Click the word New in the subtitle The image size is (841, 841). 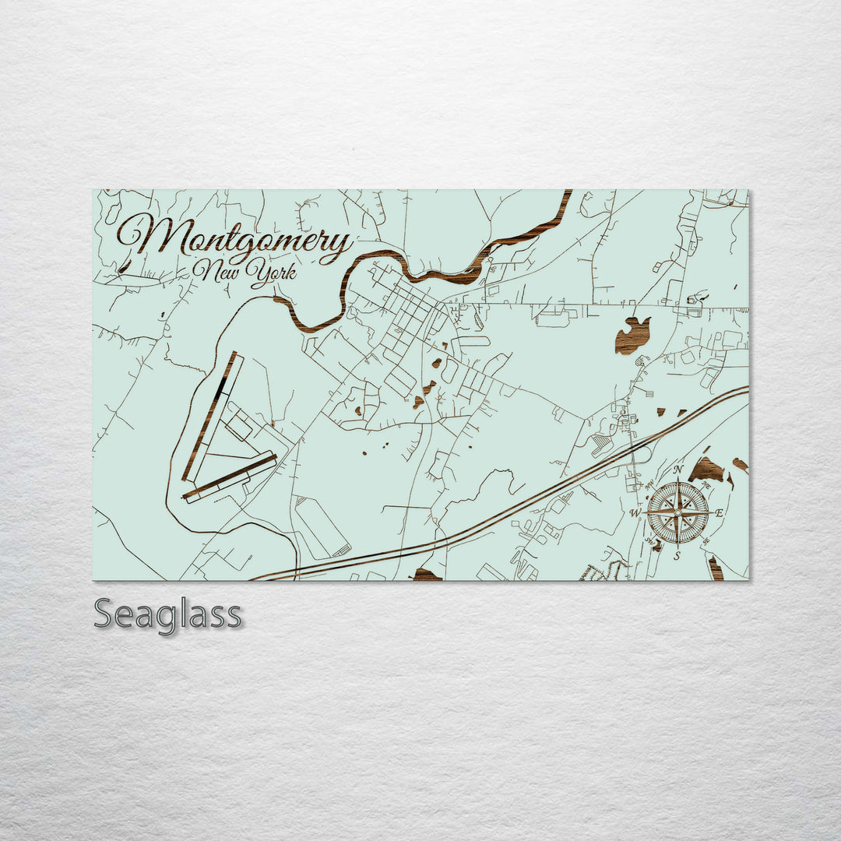(214, 271)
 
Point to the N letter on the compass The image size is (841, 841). (677, 470)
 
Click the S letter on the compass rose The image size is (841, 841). (677, 555)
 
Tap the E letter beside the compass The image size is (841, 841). (720, 512)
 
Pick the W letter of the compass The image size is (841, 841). (635, 513)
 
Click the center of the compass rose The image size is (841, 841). (677, 512)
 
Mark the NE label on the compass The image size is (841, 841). (706, 484)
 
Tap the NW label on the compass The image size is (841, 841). (648, 484)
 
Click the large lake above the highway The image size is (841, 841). (632, 336)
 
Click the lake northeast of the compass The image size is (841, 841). (708, 469)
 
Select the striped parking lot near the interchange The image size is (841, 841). (602, 444)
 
